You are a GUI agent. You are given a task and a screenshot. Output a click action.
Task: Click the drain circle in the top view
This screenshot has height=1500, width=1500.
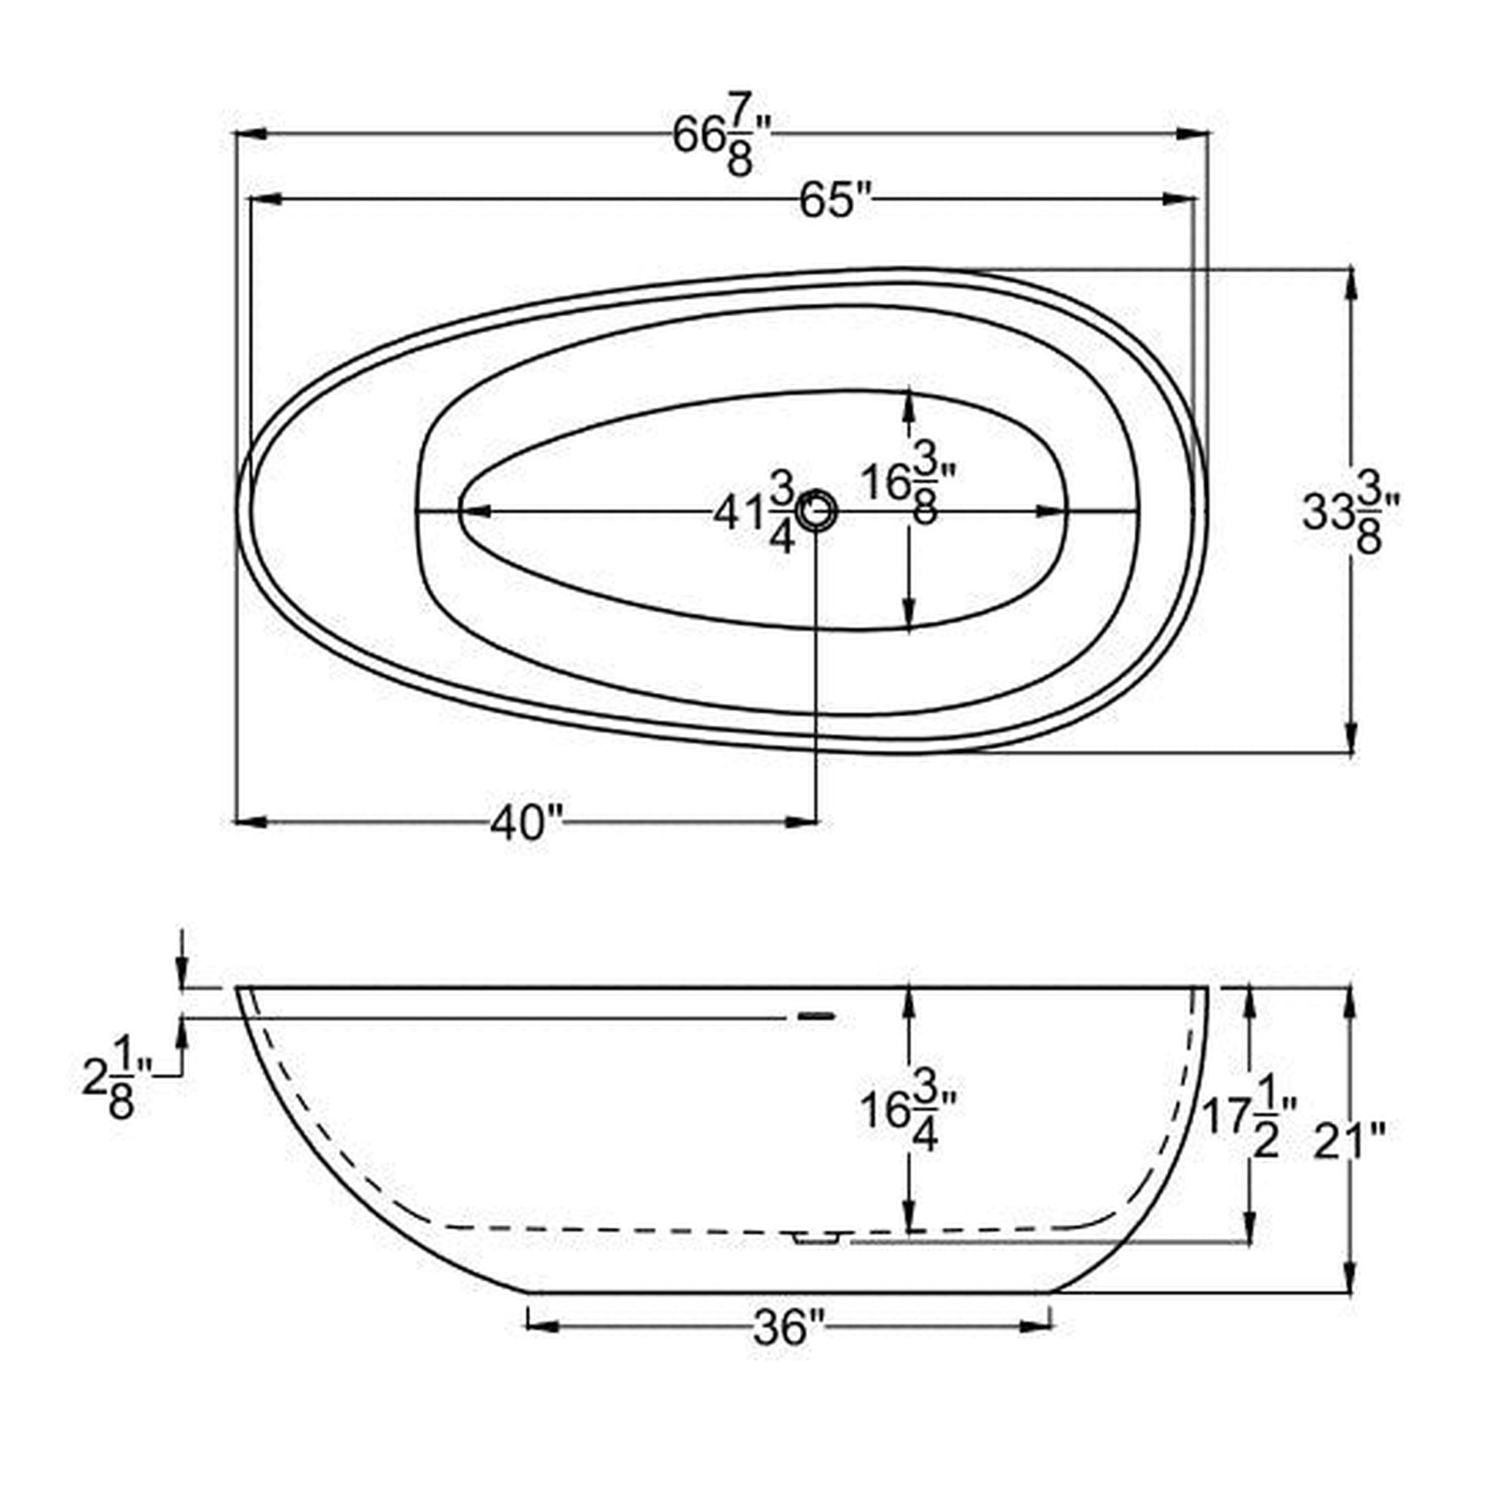click(x=816, y=511)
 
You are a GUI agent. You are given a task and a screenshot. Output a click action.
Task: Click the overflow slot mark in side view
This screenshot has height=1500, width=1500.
click(x=816, y=1015)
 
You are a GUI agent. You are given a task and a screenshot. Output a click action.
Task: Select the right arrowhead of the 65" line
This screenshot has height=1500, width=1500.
click(x=1179, y=200)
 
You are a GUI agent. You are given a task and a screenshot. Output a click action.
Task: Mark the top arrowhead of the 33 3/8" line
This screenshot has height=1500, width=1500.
click(x=1352, y=283)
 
